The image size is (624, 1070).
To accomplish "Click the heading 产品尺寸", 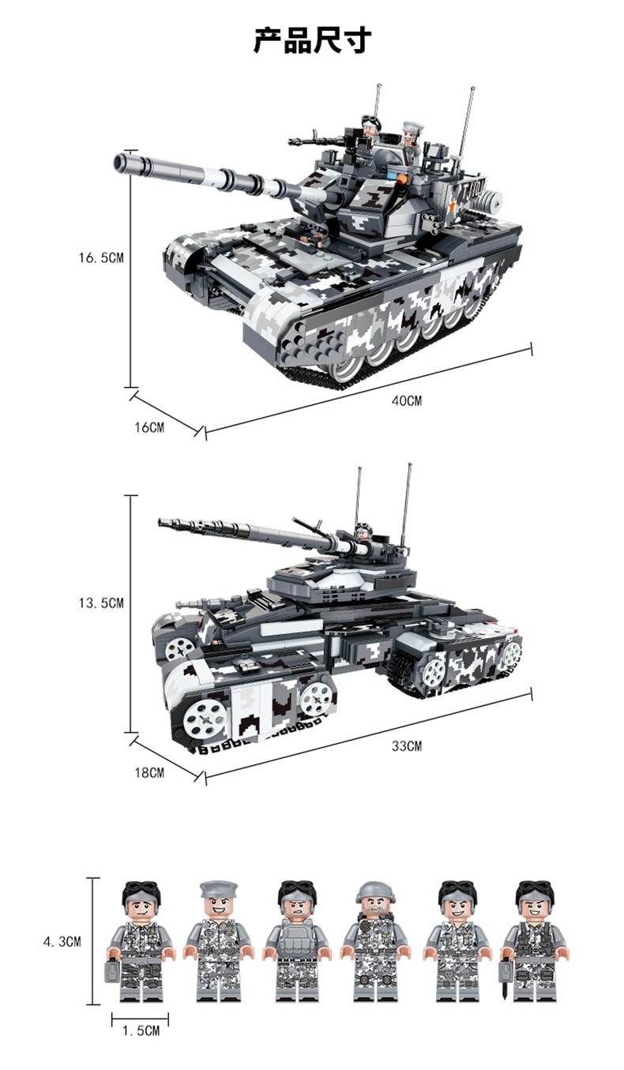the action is [x=312, y=39].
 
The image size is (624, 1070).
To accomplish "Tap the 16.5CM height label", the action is [x=101, y=258].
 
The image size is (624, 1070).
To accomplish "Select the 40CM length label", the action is [x=407, y=401].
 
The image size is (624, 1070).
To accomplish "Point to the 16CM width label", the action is [x=149, y=427].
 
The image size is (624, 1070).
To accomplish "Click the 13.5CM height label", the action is [x=101, y=603].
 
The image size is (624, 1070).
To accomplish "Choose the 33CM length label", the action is [x=407, y=746].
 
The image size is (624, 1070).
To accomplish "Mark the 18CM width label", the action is [x=149, y=772].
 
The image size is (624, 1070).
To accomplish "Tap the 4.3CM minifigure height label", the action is [x=62, y=942].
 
